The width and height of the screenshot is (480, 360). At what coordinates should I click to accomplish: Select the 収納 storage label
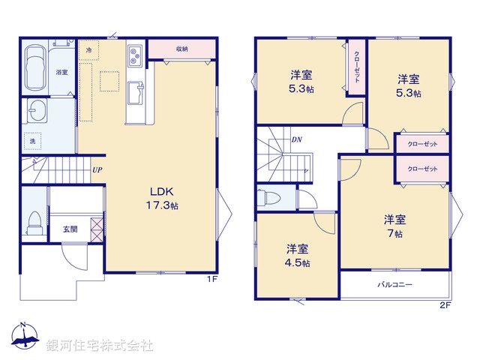tap(182, 49)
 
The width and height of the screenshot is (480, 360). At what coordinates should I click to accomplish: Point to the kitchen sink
tap(136, 93)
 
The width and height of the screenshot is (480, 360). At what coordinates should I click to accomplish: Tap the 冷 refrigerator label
tap(88, 49)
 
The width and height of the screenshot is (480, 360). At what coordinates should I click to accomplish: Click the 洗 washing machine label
tap(32, 141)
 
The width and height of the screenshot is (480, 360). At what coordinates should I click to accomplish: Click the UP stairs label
tap(97, 169)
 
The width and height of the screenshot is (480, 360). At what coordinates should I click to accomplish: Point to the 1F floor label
tap(212, 279)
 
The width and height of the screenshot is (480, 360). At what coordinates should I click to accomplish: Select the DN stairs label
tap(297, 139)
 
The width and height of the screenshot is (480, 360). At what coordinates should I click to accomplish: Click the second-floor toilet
tap(270, 198)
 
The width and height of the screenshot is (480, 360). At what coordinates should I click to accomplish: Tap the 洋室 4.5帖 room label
tap(297, 256)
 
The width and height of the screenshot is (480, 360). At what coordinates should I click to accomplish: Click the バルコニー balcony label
tap(394, 285)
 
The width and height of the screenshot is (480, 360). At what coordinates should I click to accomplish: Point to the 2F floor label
tap(445, 305)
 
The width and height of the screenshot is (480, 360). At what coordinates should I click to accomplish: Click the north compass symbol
tap(23, 337)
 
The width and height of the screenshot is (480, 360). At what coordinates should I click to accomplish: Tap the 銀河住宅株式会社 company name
tap(100, 346)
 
